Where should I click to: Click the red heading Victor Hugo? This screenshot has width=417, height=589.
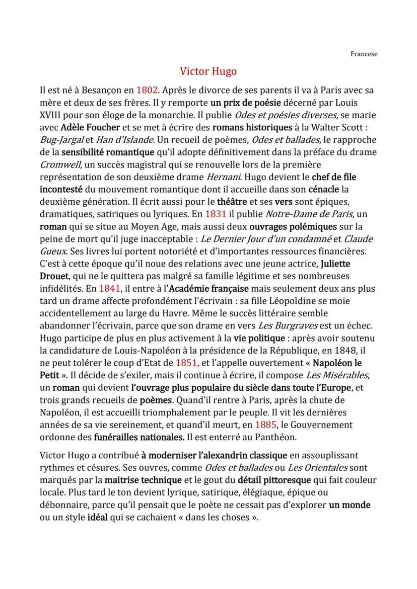pyautogui.click(x=208, y=71)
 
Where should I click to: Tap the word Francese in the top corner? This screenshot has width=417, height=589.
pyautogui.click(x=364, y=54)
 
